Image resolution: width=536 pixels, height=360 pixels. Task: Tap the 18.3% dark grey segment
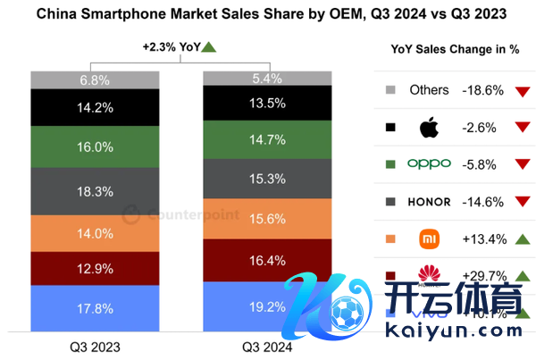95,191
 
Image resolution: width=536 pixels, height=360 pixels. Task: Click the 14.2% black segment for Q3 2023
95,107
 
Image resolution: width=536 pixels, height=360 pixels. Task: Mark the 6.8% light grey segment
95,80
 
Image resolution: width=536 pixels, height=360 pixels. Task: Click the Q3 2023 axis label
95,345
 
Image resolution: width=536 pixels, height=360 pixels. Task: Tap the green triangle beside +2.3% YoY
209,46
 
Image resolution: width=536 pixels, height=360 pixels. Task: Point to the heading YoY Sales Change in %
456,49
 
